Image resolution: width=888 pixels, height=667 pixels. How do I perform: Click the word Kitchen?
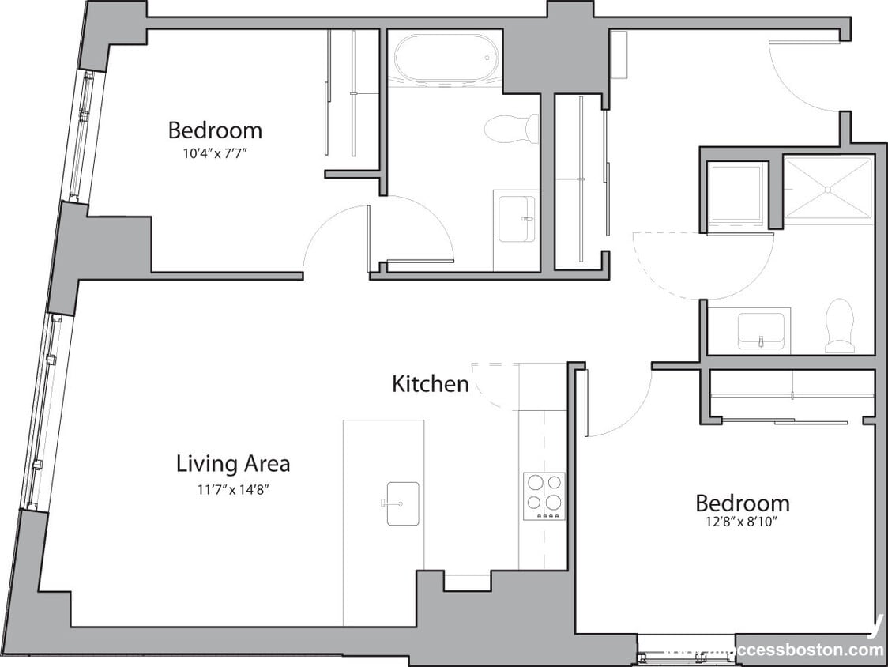point(431,384)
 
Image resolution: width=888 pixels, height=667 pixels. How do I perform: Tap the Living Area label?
point(232,463)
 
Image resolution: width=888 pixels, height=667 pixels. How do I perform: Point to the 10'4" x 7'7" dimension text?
point(215,154)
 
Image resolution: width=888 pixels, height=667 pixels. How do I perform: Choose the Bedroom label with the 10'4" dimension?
point(215,130)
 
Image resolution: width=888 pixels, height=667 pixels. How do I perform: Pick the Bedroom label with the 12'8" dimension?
point(742,503)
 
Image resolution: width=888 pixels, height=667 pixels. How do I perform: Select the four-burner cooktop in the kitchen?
point(544,496)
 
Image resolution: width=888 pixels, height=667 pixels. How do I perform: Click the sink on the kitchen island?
point(402,503)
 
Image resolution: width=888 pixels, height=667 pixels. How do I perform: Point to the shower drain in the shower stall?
point(827,189)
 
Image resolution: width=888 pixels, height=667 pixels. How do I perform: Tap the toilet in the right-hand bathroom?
point(840,326)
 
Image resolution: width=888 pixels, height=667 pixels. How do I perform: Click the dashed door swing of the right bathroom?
point(703,265)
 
